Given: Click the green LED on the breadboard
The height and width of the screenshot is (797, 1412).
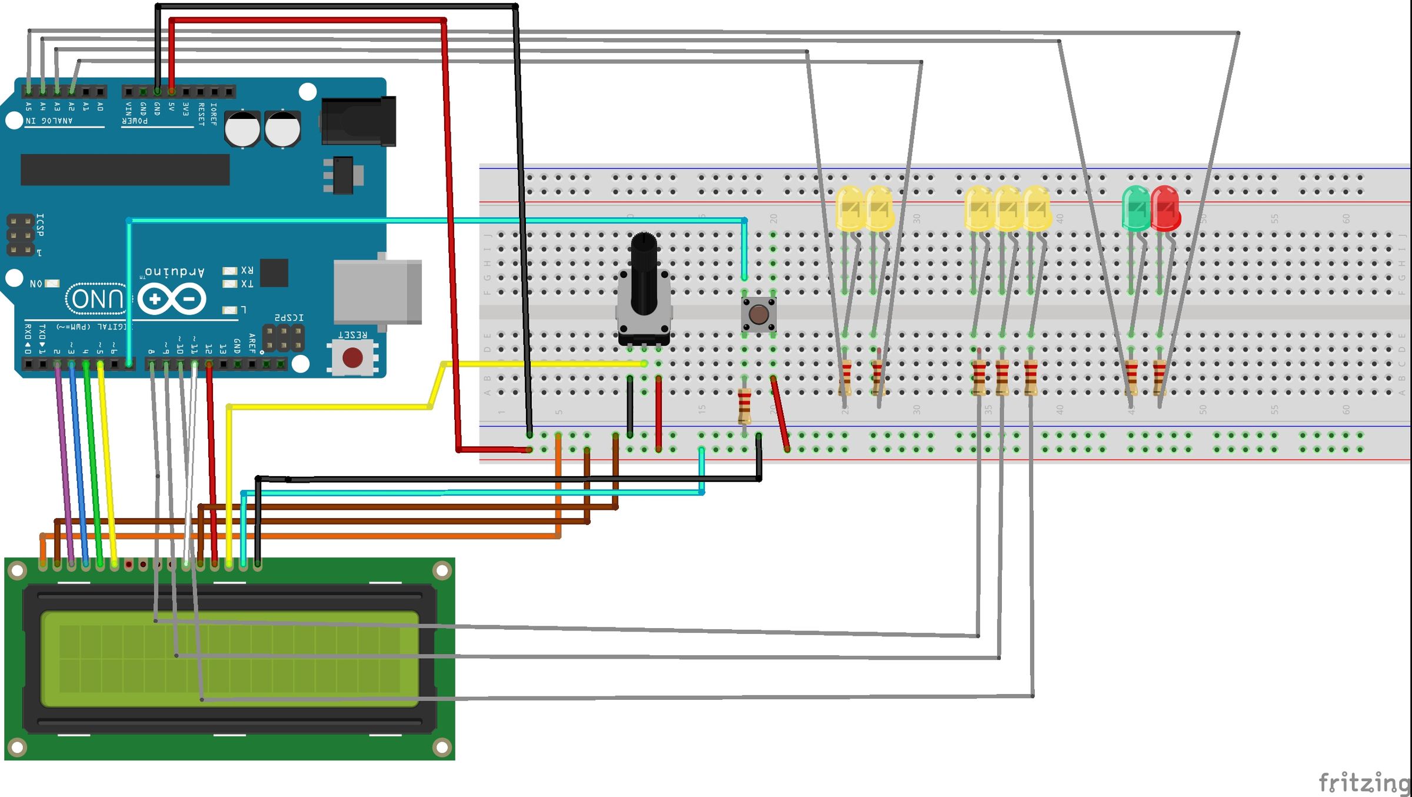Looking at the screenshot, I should (1135, 208).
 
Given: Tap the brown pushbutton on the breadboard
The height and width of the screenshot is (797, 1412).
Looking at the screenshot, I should (758, 314).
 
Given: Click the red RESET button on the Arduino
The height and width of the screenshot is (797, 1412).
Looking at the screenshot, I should (352, 357).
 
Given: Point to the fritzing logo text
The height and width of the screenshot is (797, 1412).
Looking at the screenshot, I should (1364, 782).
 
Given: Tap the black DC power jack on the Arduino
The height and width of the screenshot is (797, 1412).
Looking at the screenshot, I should (359, 121).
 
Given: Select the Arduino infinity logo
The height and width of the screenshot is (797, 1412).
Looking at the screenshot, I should (172, 299).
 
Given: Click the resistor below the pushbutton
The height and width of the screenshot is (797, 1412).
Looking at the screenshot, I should (744, 406).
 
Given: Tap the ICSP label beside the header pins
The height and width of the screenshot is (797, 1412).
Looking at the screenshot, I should (40, 225).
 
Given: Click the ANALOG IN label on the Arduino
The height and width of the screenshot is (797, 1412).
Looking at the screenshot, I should (49, 121).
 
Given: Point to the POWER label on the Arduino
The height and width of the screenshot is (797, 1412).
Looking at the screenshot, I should (135, 121).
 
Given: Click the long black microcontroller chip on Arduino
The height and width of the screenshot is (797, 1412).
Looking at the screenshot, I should (125, 170).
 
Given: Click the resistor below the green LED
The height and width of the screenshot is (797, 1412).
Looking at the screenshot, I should (1131, 377).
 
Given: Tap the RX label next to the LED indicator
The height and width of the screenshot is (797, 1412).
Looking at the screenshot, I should (247, 270).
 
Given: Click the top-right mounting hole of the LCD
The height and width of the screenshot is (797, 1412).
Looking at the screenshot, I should (441, 570).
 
